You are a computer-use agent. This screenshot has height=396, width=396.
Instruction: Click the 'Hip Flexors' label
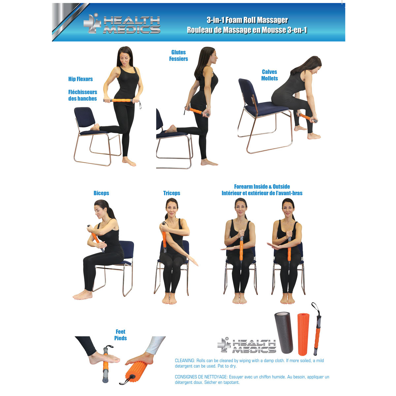click(x=81, y=79)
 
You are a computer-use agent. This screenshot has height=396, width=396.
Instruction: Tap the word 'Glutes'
click(x=179, y=52)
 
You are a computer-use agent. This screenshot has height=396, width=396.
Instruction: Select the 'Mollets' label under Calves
click(x=270, y=79)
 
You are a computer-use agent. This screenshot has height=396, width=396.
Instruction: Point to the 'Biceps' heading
click(x=101, y=193)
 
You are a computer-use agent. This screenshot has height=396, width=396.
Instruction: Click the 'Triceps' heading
click(x=172, y=193)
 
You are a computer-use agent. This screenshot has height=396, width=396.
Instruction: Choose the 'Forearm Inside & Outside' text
click(x=262, y=187)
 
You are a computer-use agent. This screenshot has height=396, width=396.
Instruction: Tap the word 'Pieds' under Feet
click(x=120, y=338)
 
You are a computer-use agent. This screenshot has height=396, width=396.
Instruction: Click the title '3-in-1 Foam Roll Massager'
click(x=247, y=20)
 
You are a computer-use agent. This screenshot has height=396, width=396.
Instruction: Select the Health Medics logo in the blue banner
click(x=122, y=24)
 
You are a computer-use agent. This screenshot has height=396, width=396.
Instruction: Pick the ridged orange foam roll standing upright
click(x=304, y=334)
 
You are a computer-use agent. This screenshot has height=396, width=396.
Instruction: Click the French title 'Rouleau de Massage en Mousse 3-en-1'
click(x=247, y=30)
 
